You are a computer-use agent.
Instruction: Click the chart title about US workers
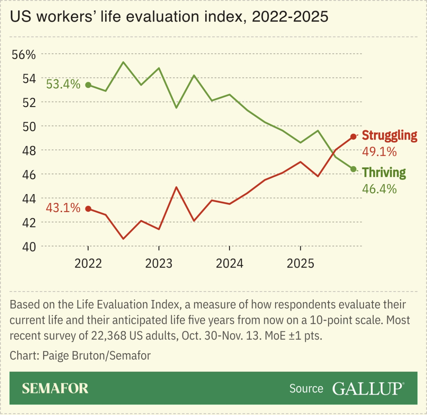point(169,17)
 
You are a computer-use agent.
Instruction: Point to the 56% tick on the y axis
point(24,55)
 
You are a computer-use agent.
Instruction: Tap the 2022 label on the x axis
point(88,263)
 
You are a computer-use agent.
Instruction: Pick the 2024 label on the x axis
point(230,263)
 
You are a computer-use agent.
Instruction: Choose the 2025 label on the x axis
point(301,263)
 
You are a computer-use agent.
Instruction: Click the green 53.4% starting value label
point(63,84)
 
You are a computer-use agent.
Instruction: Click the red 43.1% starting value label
point(63,208)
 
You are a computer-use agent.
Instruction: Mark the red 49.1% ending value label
point(379,151)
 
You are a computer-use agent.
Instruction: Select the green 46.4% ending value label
point(379,189)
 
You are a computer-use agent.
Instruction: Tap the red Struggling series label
point(390,135)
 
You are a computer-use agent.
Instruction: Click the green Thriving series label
point(384,172)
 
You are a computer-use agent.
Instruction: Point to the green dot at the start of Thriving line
point(88,85)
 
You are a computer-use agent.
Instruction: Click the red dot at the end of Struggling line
point(353,136)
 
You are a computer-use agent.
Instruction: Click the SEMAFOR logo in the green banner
point(55,388)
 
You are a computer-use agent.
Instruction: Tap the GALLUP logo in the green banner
point(367,388)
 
